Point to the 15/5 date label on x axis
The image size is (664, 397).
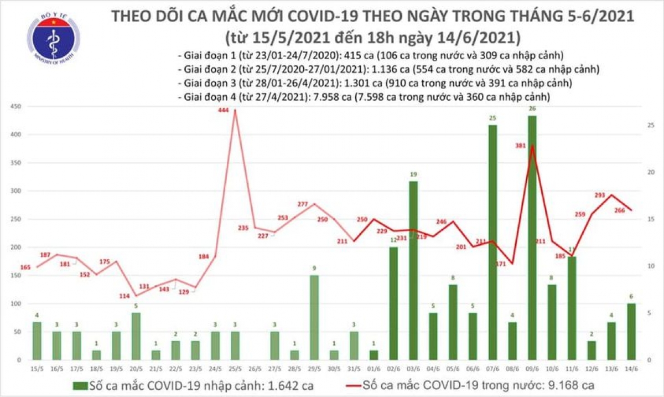click(37, 369)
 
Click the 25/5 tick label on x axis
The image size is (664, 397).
click(235, 369)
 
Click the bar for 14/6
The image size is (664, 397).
click(631, 332)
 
